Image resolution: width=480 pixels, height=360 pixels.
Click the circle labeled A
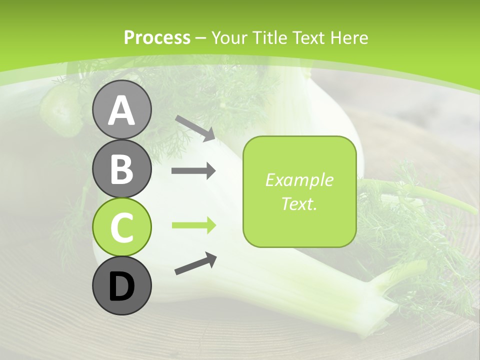click(121, 109)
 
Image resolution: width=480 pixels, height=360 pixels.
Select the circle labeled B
click(121, 168)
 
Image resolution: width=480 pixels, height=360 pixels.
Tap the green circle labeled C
click(121, 227)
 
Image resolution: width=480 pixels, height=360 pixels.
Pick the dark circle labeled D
click(121, 286)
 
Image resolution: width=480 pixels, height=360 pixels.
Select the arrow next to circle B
click(193, 171)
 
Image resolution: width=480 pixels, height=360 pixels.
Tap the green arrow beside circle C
click(193, 225)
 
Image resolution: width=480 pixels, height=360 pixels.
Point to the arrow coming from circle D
click(195, 263)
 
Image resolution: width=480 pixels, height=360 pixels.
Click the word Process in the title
click(157, 38)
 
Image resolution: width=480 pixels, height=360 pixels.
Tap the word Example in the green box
click(299, 180)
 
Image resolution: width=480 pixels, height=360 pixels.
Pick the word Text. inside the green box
click(299, 203)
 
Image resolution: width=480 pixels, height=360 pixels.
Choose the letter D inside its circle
click(121, 287)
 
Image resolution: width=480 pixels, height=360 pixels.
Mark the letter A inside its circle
click(121, 110)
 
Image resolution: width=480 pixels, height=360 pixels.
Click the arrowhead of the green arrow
click(210, 225)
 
